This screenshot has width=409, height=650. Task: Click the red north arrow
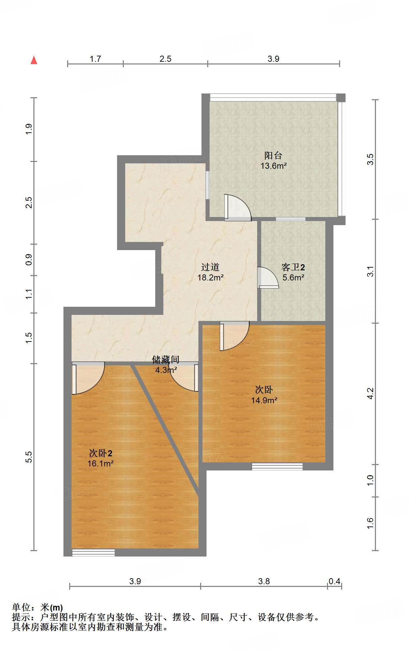coord(34,60)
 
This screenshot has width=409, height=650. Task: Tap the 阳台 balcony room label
coord(273,156)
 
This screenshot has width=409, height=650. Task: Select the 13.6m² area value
coord(273,166)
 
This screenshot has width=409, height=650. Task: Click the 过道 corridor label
coord(210,267)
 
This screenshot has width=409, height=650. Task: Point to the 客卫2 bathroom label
coord(293,267)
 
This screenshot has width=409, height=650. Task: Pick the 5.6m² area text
coord(293,277)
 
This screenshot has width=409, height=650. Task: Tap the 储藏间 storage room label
coord(165,360)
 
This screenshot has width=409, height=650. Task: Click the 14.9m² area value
coord(264,400)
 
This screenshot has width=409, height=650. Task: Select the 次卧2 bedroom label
coord(101,453)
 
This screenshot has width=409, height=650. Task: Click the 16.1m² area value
coord(100,463)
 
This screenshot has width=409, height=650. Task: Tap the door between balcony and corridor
coord(238,208)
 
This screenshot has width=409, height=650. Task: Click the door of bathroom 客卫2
coord(268,277)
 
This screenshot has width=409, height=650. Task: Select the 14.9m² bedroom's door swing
coord(235,336)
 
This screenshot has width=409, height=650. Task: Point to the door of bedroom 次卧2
coord(88,378)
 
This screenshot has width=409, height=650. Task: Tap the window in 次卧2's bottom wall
coord(93,552)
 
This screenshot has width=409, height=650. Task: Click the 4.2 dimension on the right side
coord(370,394)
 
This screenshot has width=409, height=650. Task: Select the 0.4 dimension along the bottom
coord(334,581)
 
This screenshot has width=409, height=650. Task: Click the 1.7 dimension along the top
coord(95,59)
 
